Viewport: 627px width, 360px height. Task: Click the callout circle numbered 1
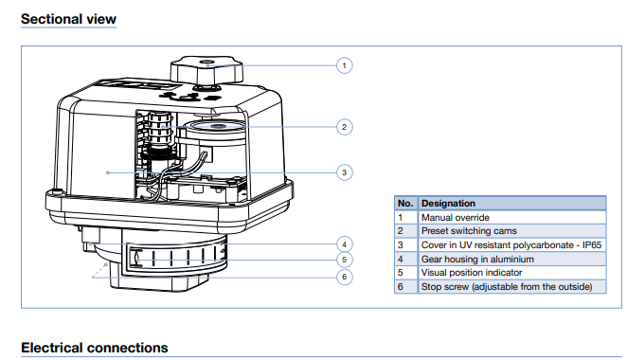tap(345, 65)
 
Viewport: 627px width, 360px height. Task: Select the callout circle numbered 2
tap(345, 127)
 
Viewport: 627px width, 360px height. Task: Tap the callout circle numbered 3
tap(345, 172)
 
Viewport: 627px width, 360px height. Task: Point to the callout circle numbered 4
tap(345, 244)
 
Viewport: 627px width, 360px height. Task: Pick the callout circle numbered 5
tap(345, 260)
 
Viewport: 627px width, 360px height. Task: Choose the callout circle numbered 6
tap(345, 277)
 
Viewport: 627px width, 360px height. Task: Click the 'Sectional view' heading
tap(68, 19)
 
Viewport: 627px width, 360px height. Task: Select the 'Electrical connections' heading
tap(95, 348)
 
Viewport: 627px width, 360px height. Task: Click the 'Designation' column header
tap(448, 203)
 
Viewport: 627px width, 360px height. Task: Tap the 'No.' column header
tap(405, 203)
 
